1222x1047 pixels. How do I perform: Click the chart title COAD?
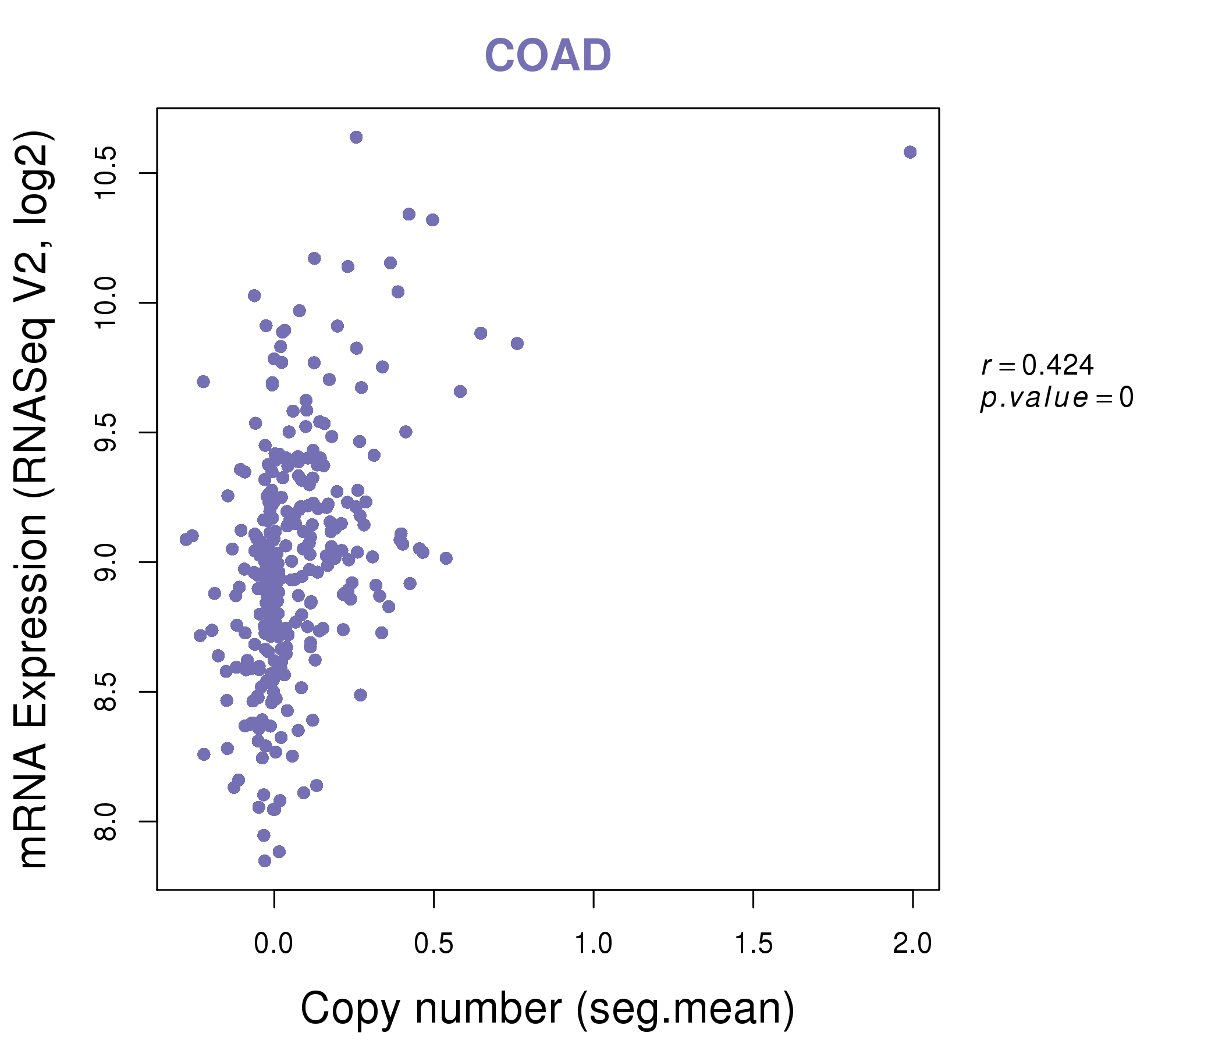(548, 56)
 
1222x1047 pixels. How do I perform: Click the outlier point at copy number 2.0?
(910, 152)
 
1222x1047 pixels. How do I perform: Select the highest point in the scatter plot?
(356, 137)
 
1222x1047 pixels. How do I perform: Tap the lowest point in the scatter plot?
(265, 861)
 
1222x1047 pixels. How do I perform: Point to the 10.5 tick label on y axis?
(106, 173)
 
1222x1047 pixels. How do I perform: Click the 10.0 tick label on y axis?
(106, 303)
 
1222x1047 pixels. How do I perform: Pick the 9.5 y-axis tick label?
(106, 432)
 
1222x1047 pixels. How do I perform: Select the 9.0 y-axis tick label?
(106, 562)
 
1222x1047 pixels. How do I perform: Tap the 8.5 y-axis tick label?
(106, 692)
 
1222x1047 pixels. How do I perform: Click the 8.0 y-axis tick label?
(106, 821)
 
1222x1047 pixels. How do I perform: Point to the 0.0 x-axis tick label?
(273, 944)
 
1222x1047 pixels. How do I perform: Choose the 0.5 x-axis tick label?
(434, 944)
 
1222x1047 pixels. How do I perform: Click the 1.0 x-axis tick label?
(594, 944)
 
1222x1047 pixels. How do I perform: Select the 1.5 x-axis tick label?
(753, 944)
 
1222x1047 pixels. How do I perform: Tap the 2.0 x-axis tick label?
(912, 944)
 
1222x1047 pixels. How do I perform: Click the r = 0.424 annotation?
(1038, 365)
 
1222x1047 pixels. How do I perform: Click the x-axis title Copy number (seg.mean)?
(548, 1009)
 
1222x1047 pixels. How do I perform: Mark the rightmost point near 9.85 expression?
(517, 344)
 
